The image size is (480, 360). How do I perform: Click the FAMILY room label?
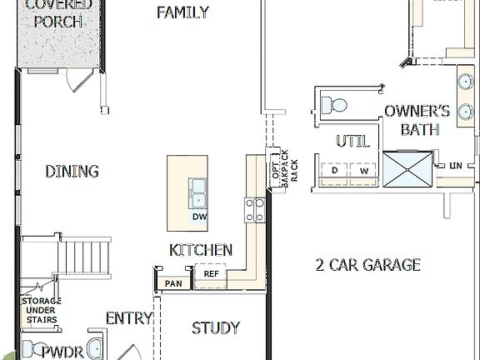(182, 12)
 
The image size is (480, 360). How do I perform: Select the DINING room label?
(72, 171)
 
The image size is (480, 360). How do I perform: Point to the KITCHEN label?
(200, 249)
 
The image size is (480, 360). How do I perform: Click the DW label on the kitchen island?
(199, 217)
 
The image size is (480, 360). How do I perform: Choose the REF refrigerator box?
(211, 272)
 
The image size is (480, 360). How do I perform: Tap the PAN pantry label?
(173, 283)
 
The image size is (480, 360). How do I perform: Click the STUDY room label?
(216, 327)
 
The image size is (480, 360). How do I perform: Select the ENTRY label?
(129, 317)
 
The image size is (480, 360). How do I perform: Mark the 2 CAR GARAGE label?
(367, 265)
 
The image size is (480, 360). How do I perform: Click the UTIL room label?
(352, 141)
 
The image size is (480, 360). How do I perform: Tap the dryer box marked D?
(334, 171)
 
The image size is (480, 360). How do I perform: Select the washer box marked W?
(363, 171)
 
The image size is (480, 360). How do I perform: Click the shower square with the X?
(407, 169)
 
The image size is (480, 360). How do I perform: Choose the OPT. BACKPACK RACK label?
(278, 170)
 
